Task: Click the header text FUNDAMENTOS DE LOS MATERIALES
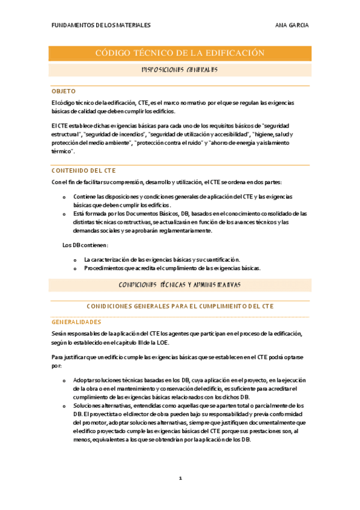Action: (x=101, y=25)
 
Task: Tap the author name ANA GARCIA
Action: (x=291, y=25)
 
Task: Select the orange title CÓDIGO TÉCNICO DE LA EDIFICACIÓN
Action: (x=180, y=54)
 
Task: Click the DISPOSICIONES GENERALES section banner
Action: (x=180, y=70)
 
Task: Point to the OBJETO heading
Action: (x=64, y=91)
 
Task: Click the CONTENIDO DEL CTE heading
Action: (x=84, y=171)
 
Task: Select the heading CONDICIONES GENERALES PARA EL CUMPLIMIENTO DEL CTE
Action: (x=180, y=306)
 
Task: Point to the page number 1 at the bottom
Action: (x=180, y=478)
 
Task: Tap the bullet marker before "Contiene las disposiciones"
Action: (x=65, y=197)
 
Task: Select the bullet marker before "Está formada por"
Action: (x=65, y=214)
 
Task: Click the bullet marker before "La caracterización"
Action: (x=76, y=260)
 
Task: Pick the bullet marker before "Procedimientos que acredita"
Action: (x=76, y=268)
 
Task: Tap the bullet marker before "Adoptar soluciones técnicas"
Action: (x=65, y=381)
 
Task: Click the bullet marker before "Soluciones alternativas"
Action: (x=65, y=406)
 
